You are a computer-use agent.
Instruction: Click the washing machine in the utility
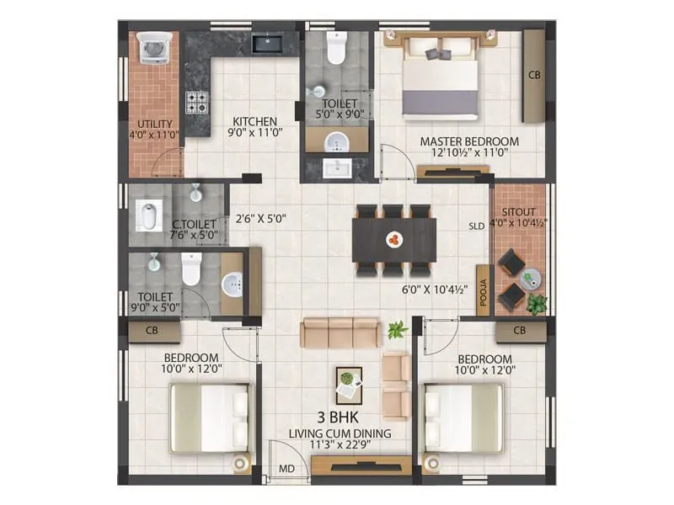pyautogui.click(x=152, y=48)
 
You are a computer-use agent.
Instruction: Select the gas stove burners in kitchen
pyautogui.click(x=196, y=103)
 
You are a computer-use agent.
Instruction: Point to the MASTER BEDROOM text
pyautogui.click(x=469, y=141)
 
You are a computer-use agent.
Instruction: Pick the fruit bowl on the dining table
pyautogui.click(x=393, y=240)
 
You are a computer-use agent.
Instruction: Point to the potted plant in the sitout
pyautogui.click(x=537, y=300)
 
